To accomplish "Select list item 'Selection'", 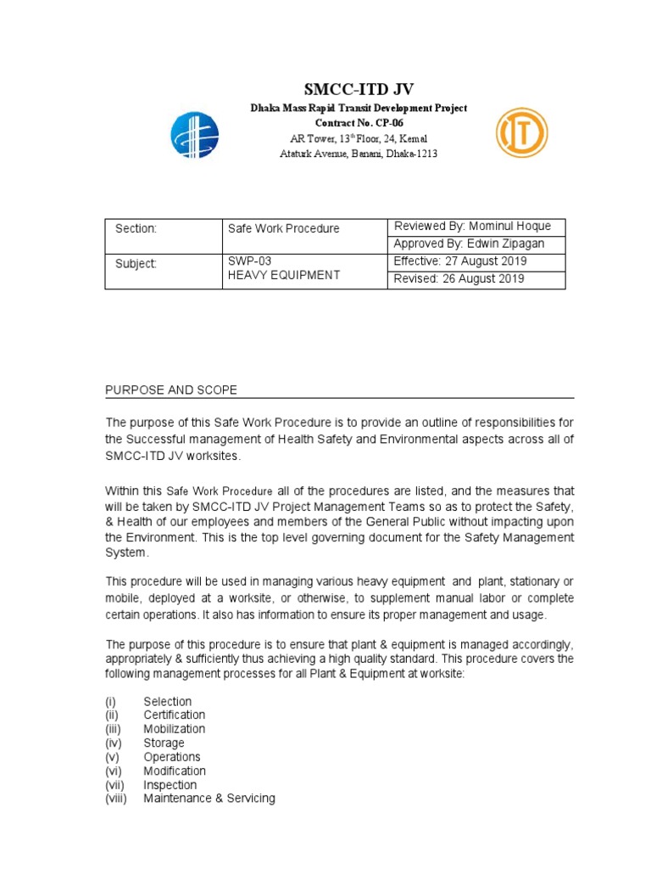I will click(167, 702).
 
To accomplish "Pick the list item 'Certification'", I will click(174, 715).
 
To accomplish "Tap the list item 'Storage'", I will click(164, 743).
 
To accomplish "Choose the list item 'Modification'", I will click(175, 771).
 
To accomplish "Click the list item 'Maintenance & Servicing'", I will click(209, 799).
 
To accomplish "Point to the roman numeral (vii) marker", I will click(115, 785).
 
